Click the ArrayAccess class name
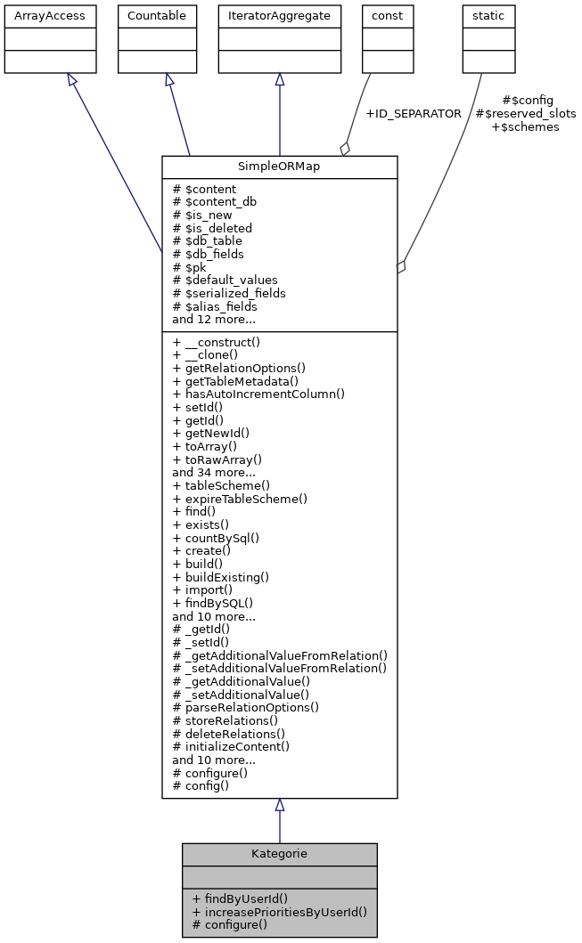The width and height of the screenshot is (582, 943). point(38,16)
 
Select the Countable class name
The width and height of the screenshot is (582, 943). point(157,16)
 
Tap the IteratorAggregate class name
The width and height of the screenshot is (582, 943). point(280,16)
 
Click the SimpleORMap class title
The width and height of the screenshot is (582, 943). point(279,167)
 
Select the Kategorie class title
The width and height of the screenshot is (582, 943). point(279,854)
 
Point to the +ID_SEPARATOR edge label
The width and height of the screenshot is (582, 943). point(414,114)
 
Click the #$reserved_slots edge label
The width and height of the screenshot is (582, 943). point(526,114)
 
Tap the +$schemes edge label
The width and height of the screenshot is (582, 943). point(526,127)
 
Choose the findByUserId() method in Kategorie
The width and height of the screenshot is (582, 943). point(240,898)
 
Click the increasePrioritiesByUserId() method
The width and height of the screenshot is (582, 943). point(279,912)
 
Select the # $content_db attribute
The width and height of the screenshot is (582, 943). point(215,202)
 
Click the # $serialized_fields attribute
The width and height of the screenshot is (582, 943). point(229,293)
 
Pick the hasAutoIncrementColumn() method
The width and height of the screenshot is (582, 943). point(258,394)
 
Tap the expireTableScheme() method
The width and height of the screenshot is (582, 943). point(240,499)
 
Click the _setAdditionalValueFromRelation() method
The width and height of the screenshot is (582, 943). point(280,668)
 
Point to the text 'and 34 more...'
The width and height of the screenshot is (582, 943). point(214,473)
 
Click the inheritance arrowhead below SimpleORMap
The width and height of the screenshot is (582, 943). point(280,805)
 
